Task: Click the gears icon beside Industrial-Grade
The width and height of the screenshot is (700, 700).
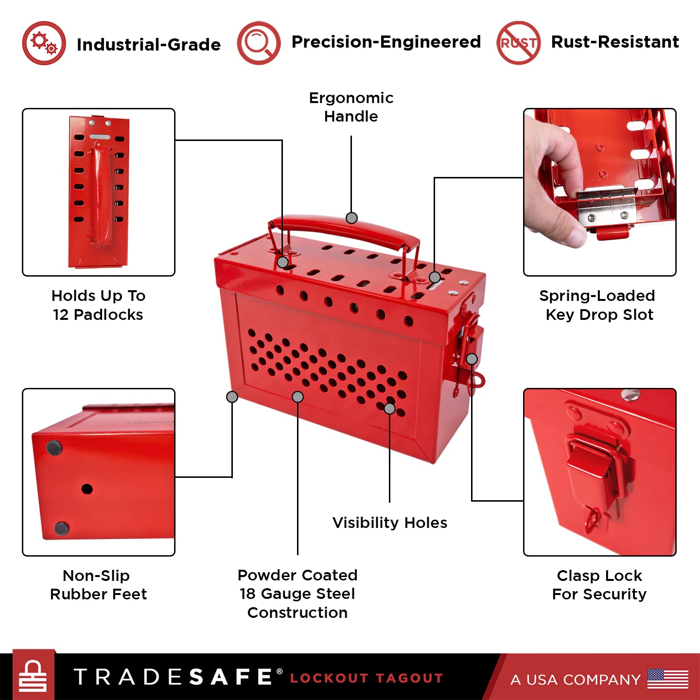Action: point(44,43)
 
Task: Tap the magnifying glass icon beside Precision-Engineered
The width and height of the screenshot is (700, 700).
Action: point(259,43)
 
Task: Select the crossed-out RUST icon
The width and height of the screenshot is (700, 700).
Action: point(518,43)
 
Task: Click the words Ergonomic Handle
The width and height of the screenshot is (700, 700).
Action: point(351,107)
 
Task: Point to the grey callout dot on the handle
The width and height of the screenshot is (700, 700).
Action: point(351,218)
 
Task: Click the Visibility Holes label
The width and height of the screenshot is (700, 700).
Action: point(390,523)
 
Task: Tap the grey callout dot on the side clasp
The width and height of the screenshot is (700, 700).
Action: point(472,359)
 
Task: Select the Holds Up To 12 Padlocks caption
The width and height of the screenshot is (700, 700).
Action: point(99,305)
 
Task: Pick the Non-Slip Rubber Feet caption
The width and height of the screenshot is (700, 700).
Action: point(99,585)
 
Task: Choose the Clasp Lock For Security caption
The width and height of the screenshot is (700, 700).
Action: point(599,585)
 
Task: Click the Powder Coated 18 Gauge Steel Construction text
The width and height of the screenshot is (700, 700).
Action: point(297,594)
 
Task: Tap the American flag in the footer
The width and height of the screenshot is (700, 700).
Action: point(667,679)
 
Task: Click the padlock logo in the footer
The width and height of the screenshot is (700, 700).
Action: point(33,676)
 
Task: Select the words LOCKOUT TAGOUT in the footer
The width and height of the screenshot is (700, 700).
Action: point(367,678)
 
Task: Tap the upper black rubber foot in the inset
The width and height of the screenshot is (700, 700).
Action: point(54,447)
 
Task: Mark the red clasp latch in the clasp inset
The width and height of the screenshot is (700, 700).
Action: point(590,469)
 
